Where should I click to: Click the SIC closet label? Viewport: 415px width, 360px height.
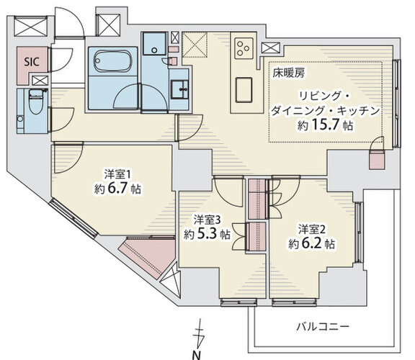tap(32, 62)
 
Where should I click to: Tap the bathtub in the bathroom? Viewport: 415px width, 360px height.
tap(113, 61)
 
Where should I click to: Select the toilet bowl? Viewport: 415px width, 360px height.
tap(36, 102)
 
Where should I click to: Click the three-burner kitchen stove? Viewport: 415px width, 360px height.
tap(244, 48)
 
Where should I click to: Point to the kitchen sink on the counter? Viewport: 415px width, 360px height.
tap(244, 90)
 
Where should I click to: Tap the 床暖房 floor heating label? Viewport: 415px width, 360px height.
tap(289, 73)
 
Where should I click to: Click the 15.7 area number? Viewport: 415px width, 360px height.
tap(325, 125)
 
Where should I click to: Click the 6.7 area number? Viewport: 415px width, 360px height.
tap(118, 189)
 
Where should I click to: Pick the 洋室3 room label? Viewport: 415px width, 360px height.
tap(207, 220)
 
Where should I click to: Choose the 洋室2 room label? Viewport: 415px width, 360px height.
tap(311, 230)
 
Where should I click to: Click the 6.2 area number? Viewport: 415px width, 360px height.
tap(312, 243)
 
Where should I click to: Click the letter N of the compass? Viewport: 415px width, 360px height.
tap(196, 355)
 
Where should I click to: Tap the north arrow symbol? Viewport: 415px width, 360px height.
tap(199, 334)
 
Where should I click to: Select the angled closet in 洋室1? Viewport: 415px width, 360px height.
tap(147, 254)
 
